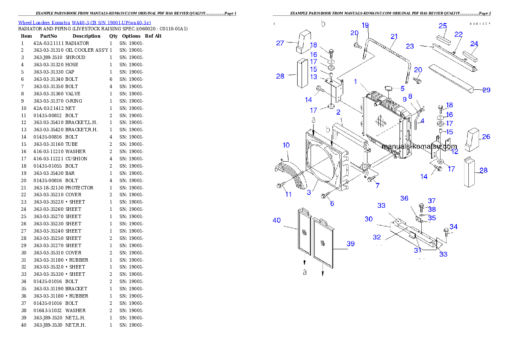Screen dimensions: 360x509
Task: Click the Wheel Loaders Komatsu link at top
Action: point(84,23)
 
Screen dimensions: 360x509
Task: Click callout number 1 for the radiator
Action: point(355,81)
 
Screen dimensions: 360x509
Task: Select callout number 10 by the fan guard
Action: point(286,145)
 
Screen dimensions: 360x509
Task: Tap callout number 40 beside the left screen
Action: point(277,220)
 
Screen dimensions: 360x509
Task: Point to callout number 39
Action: point(351,244)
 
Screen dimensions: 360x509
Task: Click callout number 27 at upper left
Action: point(280,43)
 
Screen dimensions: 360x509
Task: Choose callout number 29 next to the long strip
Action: point(486,90)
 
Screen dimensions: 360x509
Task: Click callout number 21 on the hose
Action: point(394,36)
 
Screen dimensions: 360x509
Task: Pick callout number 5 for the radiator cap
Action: point(402,89)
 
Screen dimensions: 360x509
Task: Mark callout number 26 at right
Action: point(486,137)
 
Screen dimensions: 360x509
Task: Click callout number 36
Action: point(404,198)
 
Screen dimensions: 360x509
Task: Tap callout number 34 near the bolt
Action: point(453,227)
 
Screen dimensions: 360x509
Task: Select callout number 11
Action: point(289,194)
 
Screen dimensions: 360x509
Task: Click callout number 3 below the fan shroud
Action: point(309,193)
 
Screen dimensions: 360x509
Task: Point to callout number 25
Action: point(443,26)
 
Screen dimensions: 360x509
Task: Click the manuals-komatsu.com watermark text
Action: point(419,146)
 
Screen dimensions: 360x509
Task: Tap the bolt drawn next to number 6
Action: point(325,196)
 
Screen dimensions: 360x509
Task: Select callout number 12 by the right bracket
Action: point(454,151)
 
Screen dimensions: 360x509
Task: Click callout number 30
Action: point(368,219)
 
